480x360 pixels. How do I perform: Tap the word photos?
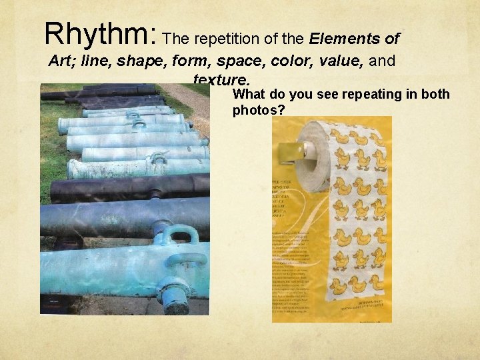click(259, 109)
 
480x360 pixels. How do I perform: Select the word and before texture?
click(381, 61)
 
